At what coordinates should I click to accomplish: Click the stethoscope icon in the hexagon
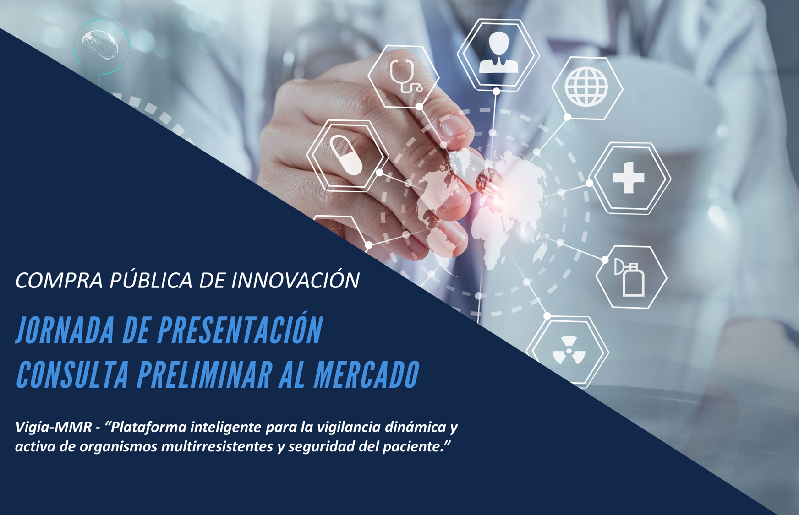tap(405, 76)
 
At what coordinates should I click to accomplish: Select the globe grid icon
tap(586, 87)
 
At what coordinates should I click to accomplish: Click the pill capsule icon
tap(346, 155)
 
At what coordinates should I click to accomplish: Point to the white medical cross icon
tap(629, 178)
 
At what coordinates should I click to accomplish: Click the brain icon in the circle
tap(100, 45)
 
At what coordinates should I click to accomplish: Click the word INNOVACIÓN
tap(296, 280)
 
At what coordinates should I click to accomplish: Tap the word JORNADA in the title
tap(65, 330)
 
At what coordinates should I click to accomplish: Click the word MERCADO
tap(367, 374)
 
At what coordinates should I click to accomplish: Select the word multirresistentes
tap(218, 446)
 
